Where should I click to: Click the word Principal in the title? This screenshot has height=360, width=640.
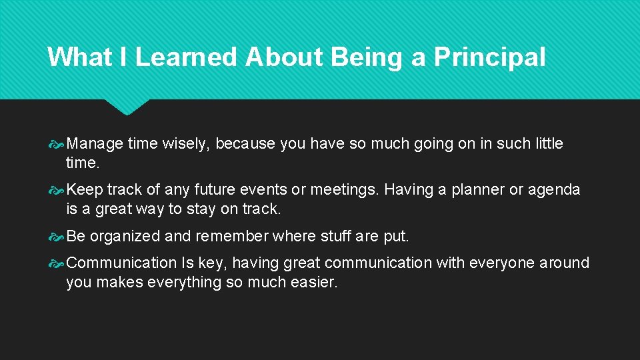coord(489,57)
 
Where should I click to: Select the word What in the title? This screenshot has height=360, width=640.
coord(79,57)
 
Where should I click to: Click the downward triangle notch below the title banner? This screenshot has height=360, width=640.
coord(127,107)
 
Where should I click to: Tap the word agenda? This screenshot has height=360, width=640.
coord(554,190)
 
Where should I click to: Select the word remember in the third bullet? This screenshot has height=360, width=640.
coord(230,237)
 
